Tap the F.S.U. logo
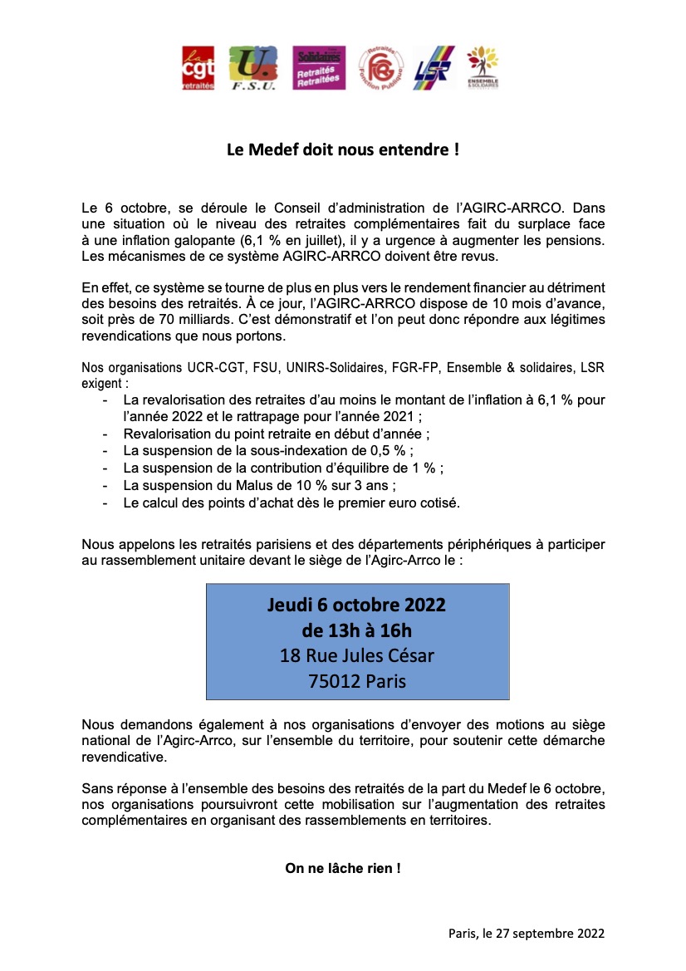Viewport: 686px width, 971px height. (253, 68)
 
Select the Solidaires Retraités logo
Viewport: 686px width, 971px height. (320, 68)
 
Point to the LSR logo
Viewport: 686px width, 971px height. (433, 68)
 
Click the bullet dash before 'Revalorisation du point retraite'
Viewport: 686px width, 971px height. (105, 434)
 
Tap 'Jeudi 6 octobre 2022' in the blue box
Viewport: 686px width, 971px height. (356, 605)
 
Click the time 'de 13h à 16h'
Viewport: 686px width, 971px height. (357, 630)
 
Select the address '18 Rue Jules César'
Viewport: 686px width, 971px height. (357, 656)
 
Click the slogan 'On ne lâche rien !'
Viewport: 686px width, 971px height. (343, 868)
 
